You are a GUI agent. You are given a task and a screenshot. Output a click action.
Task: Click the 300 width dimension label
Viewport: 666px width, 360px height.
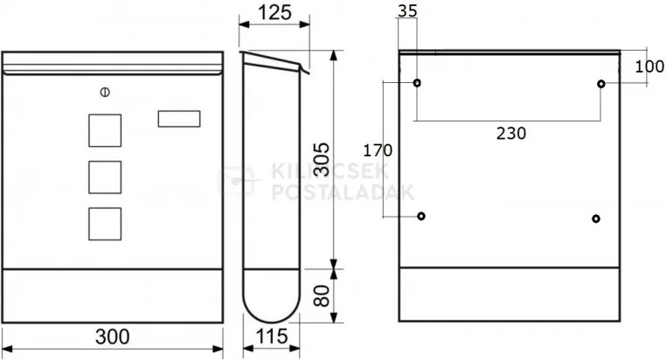coord(113,336)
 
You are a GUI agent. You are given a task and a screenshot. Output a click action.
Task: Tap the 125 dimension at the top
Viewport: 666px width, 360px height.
coord(274,13)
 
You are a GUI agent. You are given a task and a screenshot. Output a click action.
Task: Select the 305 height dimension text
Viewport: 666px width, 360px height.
coord(323,159)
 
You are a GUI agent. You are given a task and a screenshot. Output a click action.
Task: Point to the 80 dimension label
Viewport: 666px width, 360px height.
coord(322,295)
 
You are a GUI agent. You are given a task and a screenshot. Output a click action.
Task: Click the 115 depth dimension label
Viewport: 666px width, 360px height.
coord(272,336)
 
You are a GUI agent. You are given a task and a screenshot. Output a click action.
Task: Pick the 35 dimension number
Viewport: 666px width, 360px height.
coord(407,11)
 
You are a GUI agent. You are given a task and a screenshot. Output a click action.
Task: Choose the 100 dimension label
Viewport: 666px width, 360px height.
coord(649,66)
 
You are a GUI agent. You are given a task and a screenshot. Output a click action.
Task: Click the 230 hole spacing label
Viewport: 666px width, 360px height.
coord(511,134)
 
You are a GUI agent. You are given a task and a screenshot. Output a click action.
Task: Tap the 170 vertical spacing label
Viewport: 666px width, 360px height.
coord(378,150)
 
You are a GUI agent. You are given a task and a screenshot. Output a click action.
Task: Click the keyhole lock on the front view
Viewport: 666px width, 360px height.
coord(105,92)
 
